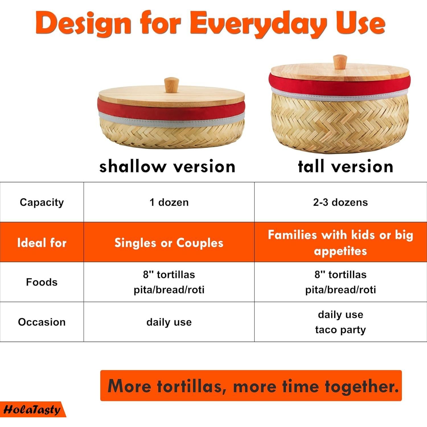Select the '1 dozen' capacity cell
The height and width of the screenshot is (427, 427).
tap(169, 202)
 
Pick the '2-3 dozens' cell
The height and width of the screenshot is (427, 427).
tap(340, 202)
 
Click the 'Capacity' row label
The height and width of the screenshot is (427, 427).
tap(42, 203)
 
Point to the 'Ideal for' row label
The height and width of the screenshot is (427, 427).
tap(42, 243)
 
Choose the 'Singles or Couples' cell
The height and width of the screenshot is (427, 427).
tap(169, 243)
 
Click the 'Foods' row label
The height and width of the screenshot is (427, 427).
tap(42, 282)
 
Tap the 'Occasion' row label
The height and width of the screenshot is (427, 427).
tap(42, 322)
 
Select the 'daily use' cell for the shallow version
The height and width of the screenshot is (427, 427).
tap(169, 322)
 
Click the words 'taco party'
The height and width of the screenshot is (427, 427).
tap(340, 330)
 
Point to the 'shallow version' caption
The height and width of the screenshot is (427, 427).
tap(167, 167)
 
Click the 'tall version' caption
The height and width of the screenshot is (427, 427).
tap(346, 166)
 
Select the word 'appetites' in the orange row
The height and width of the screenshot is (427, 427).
tap(340, 251)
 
